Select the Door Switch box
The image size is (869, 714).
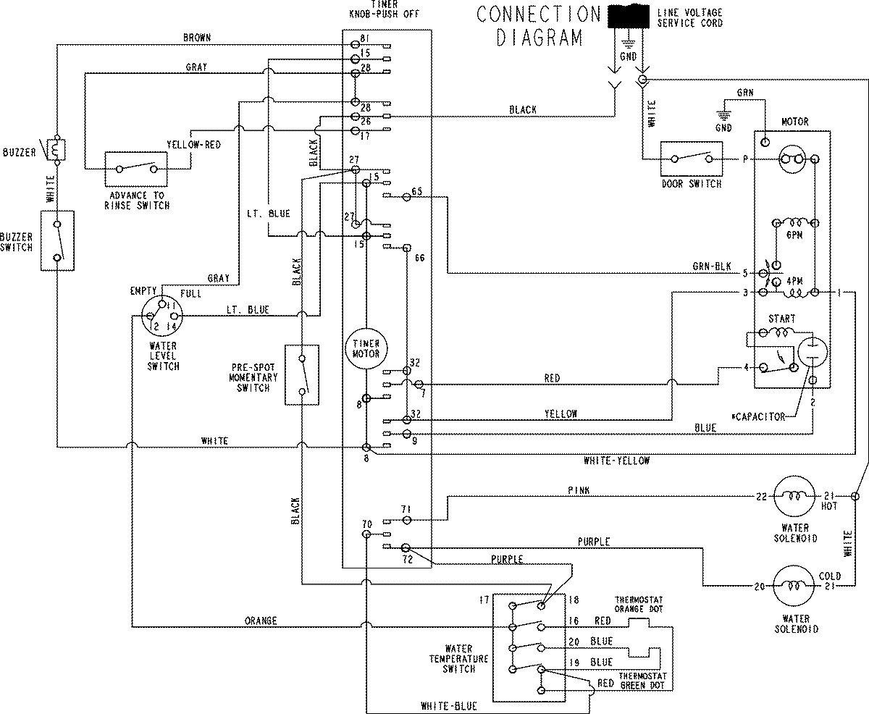691,158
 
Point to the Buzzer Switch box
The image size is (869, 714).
57,240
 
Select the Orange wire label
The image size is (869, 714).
261,621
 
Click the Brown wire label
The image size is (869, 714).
196,37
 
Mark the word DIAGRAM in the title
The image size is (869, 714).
540,38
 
